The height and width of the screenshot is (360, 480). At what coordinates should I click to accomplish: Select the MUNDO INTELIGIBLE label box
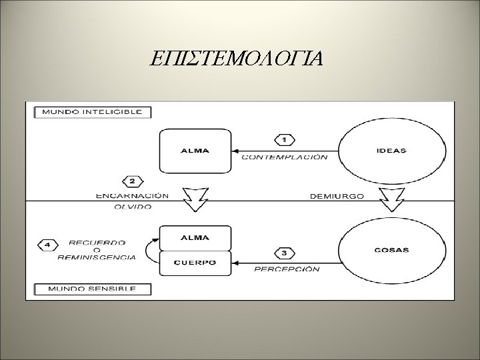92,111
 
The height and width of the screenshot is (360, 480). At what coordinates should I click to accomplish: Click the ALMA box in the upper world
195,150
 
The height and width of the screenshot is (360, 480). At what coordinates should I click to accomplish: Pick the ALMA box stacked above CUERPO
195,237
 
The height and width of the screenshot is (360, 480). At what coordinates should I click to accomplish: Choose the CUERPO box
195,263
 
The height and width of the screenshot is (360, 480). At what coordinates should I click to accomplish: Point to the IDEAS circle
391,151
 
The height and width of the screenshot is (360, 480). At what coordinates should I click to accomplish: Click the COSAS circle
391,251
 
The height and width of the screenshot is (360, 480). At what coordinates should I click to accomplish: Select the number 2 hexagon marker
132,181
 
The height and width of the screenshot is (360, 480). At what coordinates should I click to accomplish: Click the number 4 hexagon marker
48,244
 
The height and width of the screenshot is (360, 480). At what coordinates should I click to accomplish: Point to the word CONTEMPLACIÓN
284,157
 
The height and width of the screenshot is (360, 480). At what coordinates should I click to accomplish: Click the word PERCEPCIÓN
287,269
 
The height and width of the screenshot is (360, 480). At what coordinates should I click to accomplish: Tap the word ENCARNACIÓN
132,196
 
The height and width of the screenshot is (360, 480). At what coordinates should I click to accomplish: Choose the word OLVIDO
131,207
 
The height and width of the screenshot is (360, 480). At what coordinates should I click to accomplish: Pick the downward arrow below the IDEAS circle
391,197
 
